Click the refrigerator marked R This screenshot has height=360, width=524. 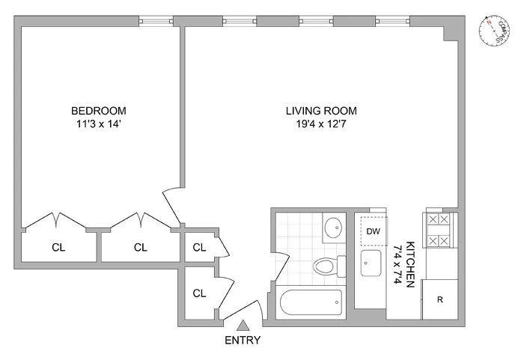[441, 300]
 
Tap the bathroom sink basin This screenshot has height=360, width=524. [333, 228]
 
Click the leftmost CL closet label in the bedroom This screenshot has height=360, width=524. [58, 248]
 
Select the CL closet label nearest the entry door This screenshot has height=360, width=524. [199, 293]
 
